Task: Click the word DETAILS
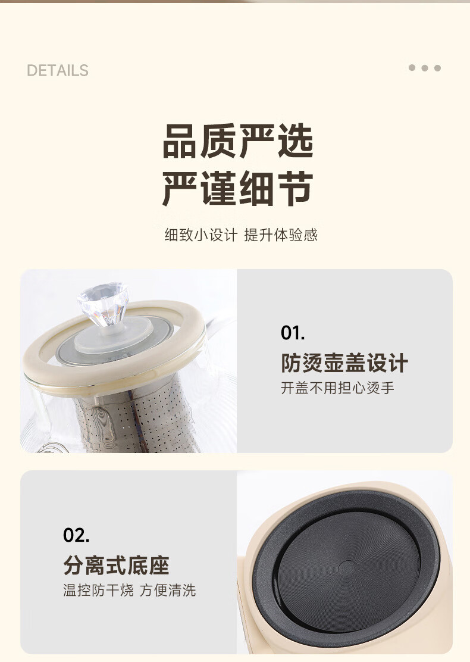pyautogui.click(x=57, y=70)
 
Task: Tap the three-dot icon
pyautogui.click(x=424, y=68)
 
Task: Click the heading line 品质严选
pyautogui.click(x=238, y=141)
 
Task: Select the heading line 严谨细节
pyautogui.click(x=238, y=188)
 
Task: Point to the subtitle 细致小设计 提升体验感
pyautogui.click(x=241, y=235)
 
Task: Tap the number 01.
pyautogui.click(x=292, y=333)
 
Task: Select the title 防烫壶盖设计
pyautogui.click(x=344, y=363)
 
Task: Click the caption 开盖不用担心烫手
pyautogui.click(x=337, y=388)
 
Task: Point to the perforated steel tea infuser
pyautogui.click(x=135, y=418)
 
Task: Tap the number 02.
pyautogui.click(x=76, y=535)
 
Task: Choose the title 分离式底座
pyautogui.click(x=117, y=566)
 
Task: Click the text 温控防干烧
pyautogui.click(x=98, y=590)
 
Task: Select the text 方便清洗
pyautogui.click(x=168, y=590)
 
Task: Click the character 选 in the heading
pyautogui.click(x=296, y=141)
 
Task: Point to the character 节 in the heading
pyautogui.click(x=296, y=188)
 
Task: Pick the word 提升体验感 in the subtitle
pyautogui.click(x=281, y=235)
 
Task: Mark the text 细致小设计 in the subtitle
pyautogui.click(x=201, y=235)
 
